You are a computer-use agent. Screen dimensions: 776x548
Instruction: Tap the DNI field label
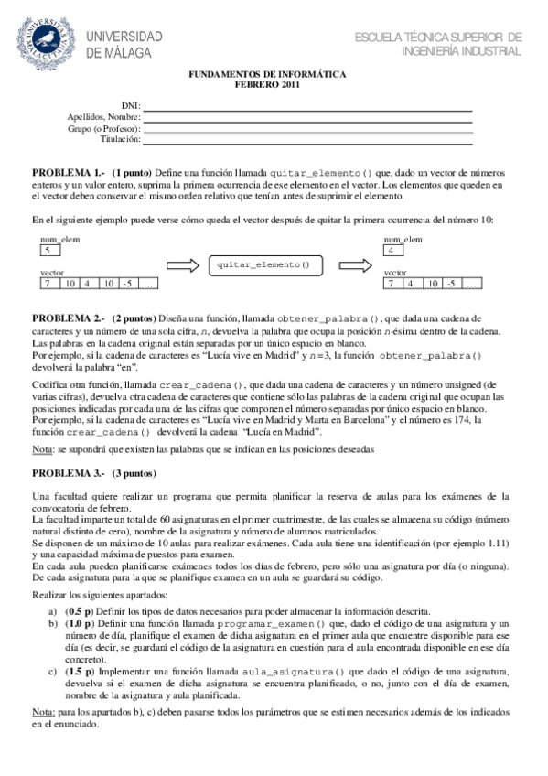point(131,107)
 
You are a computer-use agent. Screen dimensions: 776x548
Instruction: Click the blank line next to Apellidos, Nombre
point(307,118)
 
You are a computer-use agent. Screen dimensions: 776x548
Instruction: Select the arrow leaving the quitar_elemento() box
point(348,264)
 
